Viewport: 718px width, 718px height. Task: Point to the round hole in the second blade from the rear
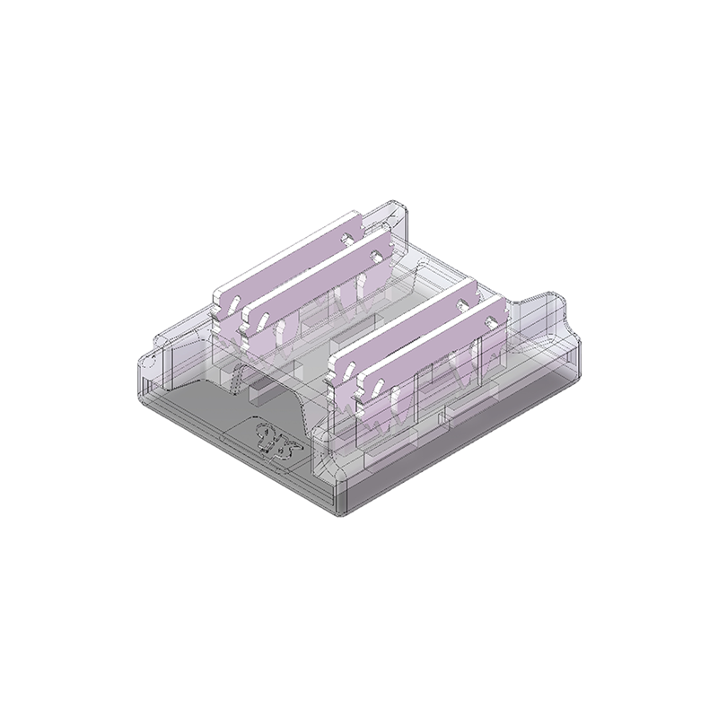(x=372, y=253)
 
